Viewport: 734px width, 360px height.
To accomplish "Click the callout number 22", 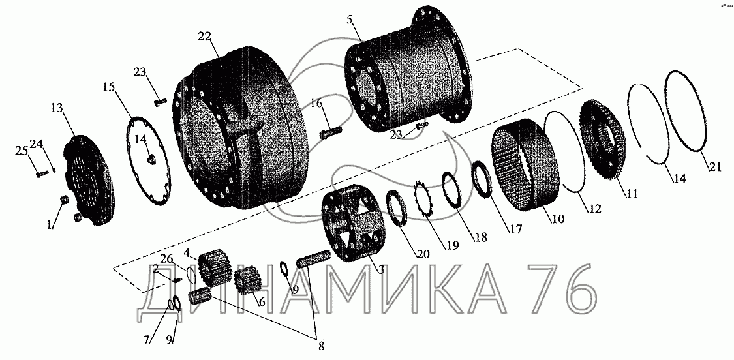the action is click(205, 37).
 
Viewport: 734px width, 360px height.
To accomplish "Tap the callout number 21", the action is click(714, 166).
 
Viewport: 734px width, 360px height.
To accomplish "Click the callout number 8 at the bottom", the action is click(321, 346).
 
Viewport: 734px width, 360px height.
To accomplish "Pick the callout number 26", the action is click(166, 259).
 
